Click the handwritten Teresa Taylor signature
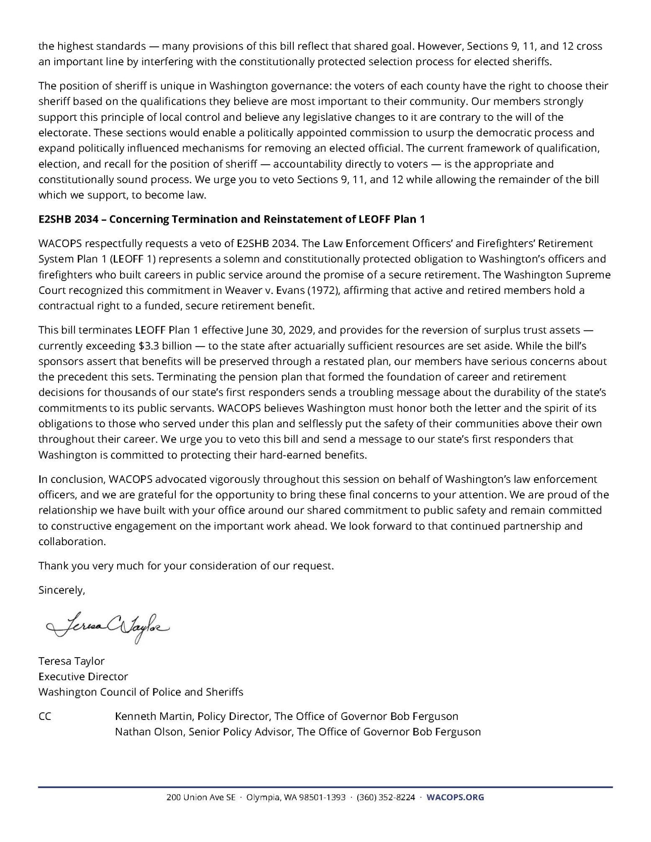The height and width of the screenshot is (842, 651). pos(107,627)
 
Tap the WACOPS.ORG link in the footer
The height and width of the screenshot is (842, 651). pos(455,797)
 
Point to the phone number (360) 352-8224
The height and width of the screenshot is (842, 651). pos(386,797)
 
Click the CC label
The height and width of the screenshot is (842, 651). pos(45,716)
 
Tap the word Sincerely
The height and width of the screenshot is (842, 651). pos(62,590)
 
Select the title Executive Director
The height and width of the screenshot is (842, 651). pos(83,676)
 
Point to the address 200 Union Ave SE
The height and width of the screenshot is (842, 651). pos(201,797)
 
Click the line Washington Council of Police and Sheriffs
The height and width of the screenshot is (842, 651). pos(141,692)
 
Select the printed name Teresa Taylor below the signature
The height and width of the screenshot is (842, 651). pos(71,661)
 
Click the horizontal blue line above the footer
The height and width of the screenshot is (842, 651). pos(325,786)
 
